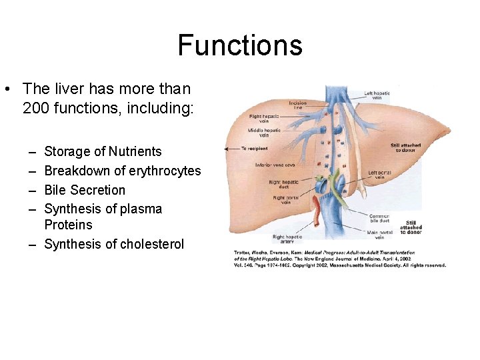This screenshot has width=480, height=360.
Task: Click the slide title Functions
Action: coord(240,46)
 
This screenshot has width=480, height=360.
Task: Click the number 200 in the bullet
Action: coord(35,107)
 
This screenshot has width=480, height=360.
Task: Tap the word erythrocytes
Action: coord(161,171)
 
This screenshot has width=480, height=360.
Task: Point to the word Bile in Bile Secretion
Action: coord(55,190)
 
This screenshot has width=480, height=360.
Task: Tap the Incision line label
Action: coord(298,105)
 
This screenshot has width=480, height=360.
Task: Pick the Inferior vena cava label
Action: coord(272,165)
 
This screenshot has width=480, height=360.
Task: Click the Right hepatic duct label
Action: coord(283,184)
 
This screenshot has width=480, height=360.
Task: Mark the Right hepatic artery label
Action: coord(287,239)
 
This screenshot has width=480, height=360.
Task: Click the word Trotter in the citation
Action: coord(243,253)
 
